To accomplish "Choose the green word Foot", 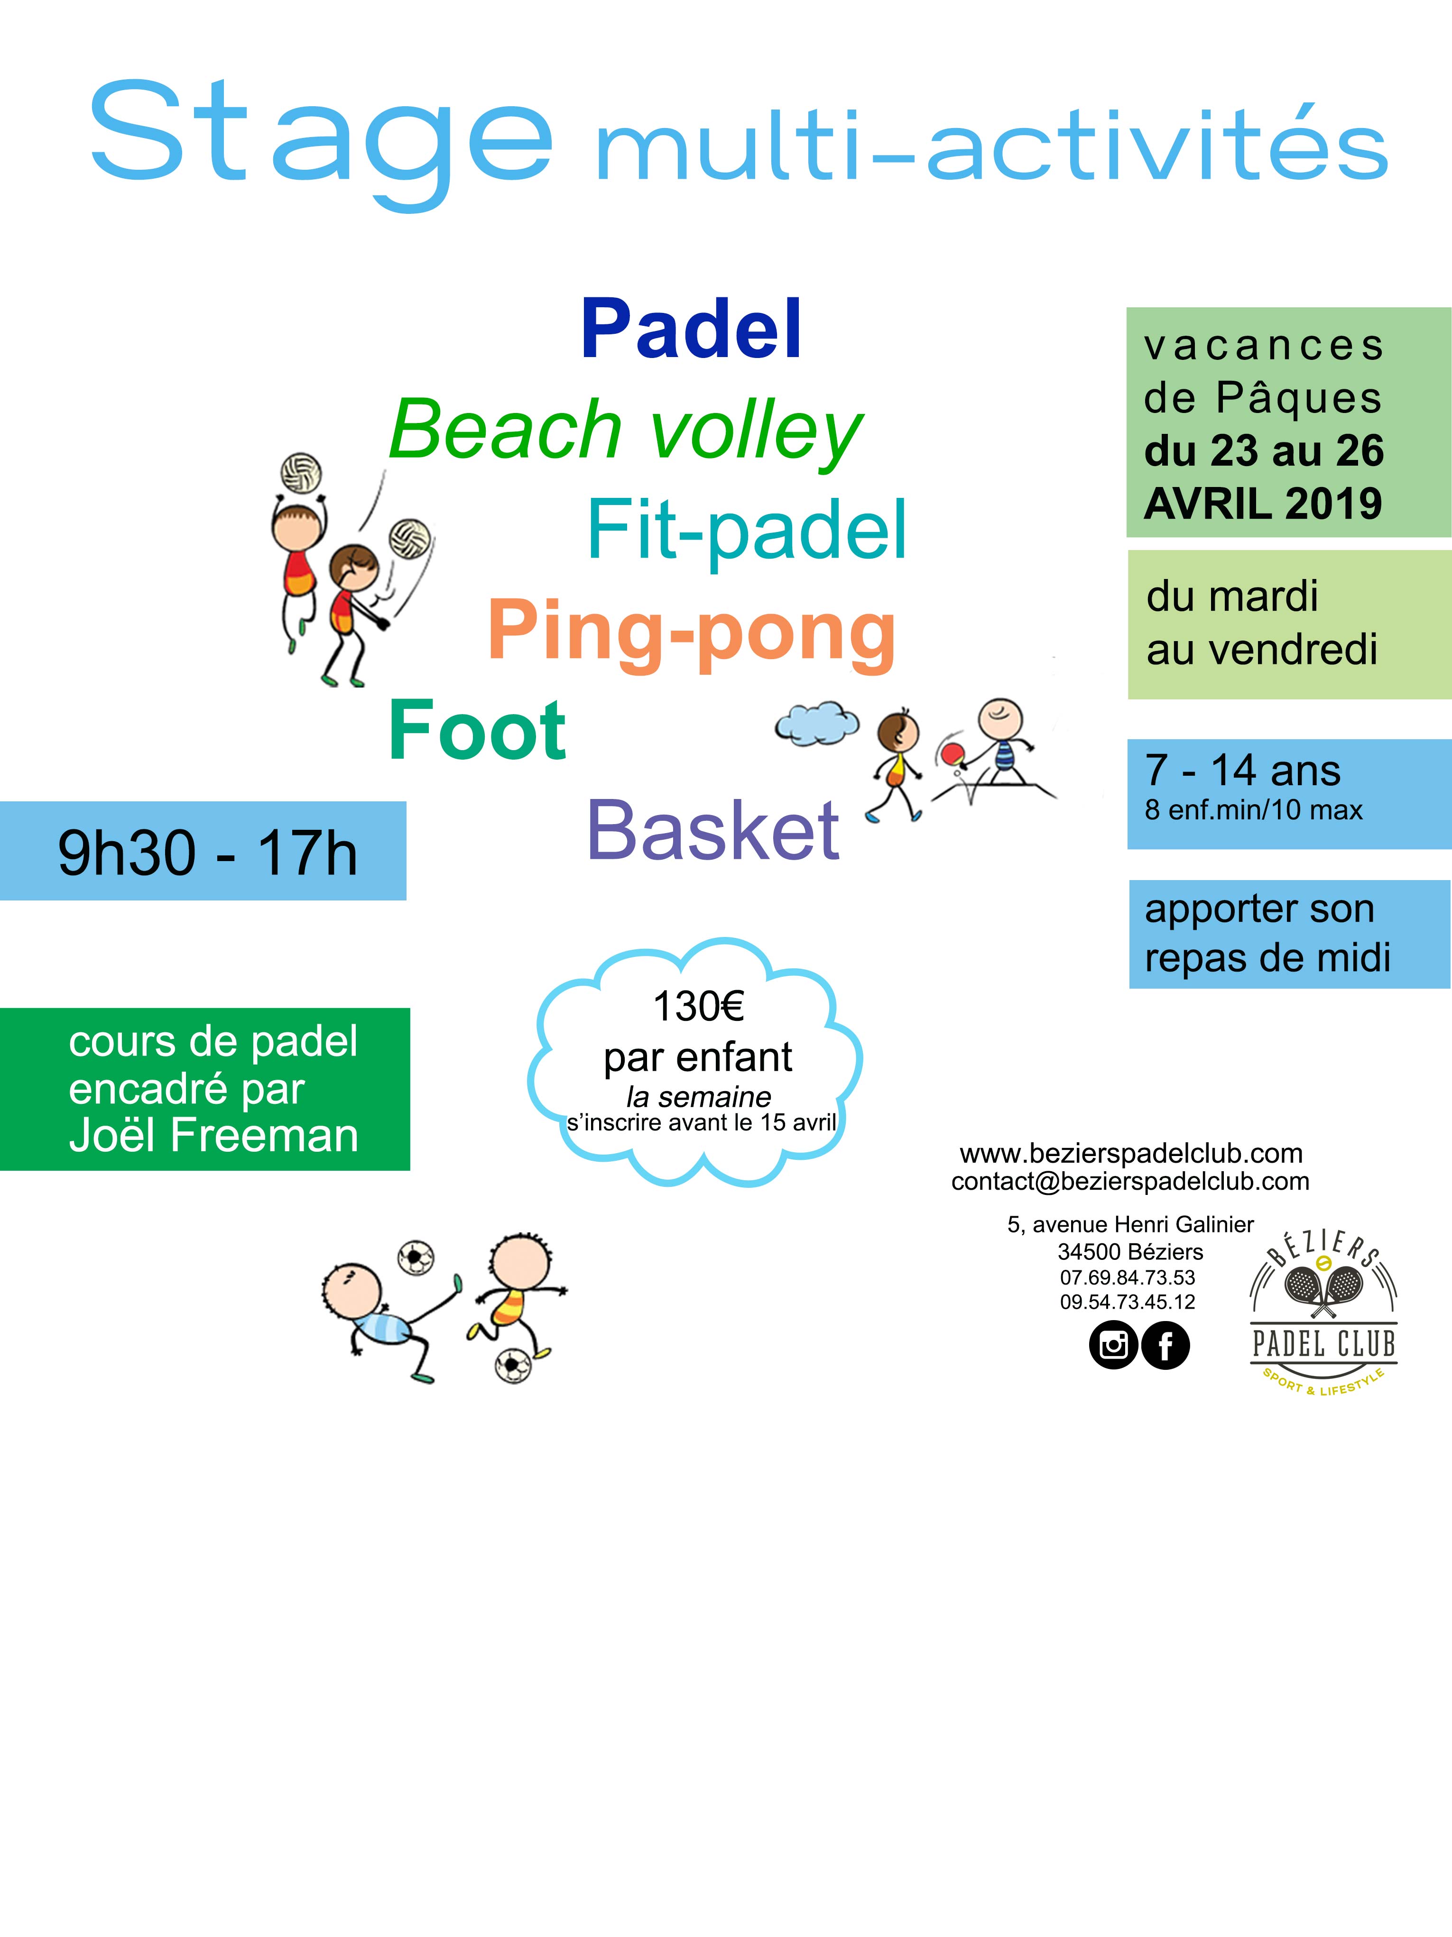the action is coord(477,730).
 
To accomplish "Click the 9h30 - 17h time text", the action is coord(208,852).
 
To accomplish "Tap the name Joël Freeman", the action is coord(213,1136).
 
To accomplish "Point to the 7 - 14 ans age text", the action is coord(1243,771).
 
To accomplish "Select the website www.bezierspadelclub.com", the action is coord(1131,1153).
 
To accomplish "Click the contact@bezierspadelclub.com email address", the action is coord(1130,1181).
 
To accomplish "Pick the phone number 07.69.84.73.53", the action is coord(1128,1277).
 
